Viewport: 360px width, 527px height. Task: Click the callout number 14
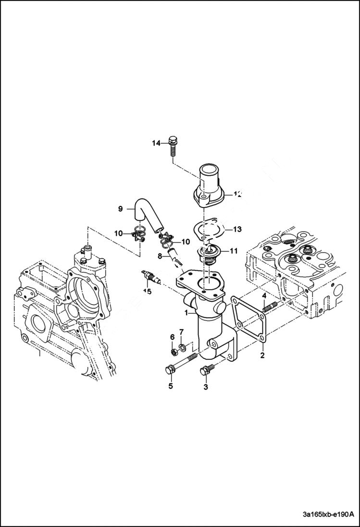[x=156, y=143]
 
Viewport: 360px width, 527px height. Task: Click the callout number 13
[x=237, y=230]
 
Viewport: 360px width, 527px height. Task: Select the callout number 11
[x=234, y=251]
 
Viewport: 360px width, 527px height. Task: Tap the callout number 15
[x=147, y=291]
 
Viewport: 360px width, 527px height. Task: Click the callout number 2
[x=262, y=356]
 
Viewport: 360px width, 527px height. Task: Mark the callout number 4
[x=264, y=295]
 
